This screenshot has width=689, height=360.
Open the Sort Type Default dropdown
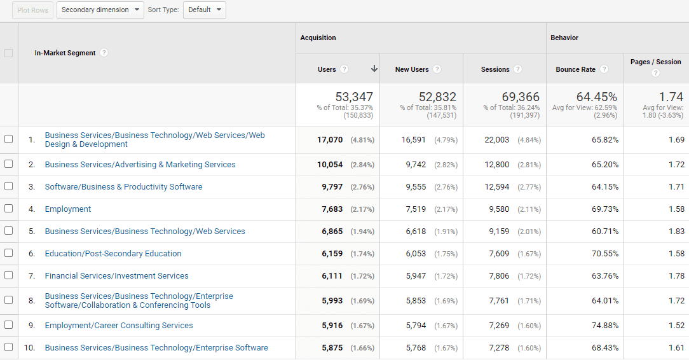[204, 10]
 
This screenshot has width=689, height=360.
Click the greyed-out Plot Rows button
[32, 10]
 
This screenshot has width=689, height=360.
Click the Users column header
[327, 69]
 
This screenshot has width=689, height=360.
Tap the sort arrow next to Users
[374, 69]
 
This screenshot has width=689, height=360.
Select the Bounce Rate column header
[575, 69]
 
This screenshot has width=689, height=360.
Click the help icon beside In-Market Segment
[104, 53]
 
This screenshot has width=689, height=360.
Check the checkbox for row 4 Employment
[9, 209]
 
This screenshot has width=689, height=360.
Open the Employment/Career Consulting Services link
[119, 326]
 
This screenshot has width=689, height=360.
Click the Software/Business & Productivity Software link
[123, 187]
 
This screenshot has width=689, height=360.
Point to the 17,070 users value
[330, 140]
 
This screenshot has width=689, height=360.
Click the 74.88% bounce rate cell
[604, 326]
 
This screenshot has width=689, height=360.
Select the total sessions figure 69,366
[520, 97]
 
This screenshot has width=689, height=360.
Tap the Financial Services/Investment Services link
[116, 276]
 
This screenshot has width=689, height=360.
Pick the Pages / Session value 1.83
[676, 232]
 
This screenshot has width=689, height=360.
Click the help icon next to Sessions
[518, 69]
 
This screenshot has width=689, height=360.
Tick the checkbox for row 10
[9, 347]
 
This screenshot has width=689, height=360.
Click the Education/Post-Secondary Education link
[113, 254]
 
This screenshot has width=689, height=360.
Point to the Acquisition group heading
[318, 38]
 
